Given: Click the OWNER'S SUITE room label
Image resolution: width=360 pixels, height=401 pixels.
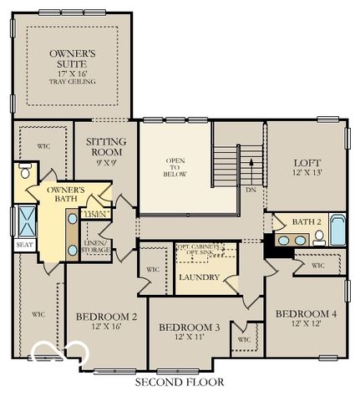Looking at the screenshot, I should pyautogui.click(x=72, y=58).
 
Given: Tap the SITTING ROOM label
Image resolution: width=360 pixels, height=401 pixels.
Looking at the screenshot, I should pyautogui.click(x=106, y=147).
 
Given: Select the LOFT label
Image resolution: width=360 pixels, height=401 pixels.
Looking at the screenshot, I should pyautogui.click(x=307, y=163).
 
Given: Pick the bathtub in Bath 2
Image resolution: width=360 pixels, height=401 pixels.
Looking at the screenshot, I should pyautogui.click(x=337, y=230).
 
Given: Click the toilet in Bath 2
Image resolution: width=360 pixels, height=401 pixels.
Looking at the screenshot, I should pyautogui.click(x=318, y=237).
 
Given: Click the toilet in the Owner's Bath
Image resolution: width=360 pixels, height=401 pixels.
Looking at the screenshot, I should pyautogui.click(x=24, y=173).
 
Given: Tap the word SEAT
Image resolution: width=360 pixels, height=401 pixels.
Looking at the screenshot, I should pyautogui.click(x=23, y=246).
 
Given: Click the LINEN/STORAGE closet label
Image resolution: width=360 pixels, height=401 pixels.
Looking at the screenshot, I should pyautogui.click(x=96, y=246).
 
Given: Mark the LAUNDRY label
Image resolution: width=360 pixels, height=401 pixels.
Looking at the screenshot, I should pyautogui.click(x=199, y=277).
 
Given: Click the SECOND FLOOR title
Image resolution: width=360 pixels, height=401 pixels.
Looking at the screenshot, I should pyautogui.click(x=180, y=383).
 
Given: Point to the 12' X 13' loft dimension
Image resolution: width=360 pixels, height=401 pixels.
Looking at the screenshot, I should pyautogui.click(x=307, y=173).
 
